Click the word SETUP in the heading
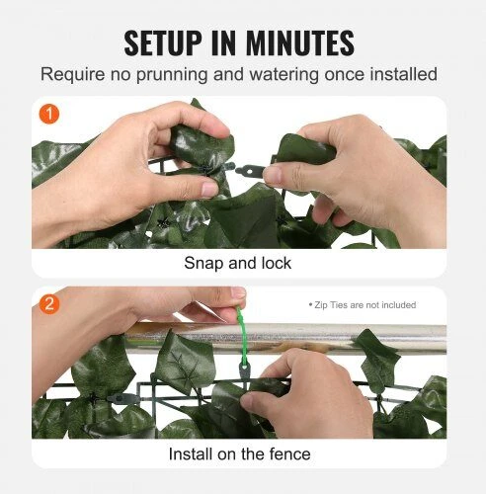[x=163, y=42]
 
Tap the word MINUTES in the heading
[x=299, y=42]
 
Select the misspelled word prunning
[x=172, y=75]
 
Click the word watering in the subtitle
[x=284, y=75]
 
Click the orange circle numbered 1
[x=49, y=115]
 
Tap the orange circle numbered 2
[x=49, y=304]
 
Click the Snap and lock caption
[x=238, y=263]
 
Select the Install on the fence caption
[x=239, y=453]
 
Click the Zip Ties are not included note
[x=363, y=305]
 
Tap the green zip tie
[x=243, y=336]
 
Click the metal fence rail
[x=285, y=339]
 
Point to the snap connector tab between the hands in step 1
[x=249, y=171]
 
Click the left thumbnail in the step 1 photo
[x=208, y=189]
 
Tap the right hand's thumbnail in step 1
[x=272, y=175]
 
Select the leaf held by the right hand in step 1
[x=304, y=149]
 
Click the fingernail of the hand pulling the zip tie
[x=238, y=292]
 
